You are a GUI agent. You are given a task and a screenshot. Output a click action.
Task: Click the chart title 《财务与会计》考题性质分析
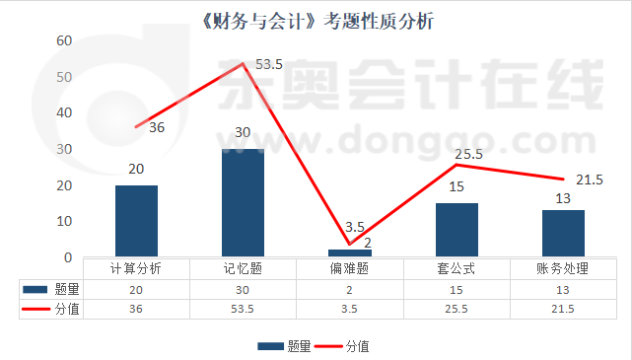click(x=316, y=20)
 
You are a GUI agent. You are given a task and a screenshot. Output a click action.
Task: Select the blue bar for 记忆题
click(x=243, y=203)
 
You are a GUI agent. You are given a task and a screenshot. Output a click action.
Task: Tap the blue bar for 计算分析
click(x=136, y=221)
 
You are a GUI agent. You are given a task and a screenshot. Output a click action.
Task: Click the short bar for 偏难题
click(x=349, y=253)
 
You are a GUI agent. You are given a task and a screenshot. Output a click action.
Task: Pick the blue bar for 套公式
click(x=456, y=230)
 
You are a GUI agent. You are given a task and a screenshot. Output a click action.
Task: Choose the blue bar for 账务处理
click(x=563, y=234)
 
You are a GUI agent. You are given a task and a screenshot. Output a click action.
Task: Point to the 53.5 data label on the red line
click(x=268, y=65)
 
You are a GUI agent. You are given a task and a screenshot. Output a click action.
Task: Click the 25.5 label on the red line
click(x=469, y=154)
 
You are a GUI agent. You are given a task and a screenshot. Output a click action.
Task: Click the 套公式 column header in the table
click(x=456, y=268)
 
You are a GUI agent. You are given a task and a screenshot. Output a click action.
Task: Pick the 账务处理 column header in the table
click(x=563, y=268)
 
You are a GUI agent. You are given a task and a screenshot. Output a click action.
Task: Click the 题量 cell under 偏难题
click(x=349, y=289)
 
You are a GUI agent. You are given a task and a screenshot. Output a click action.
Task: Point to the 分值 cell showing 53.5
click(x=243, y=309)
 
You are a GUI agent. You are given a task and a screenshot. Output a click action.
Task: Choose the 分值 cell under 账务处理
click(x=563, y=309)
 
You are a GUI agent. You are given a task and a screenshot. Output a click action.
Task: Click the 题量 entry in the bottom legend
click(x=286, y=346)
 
